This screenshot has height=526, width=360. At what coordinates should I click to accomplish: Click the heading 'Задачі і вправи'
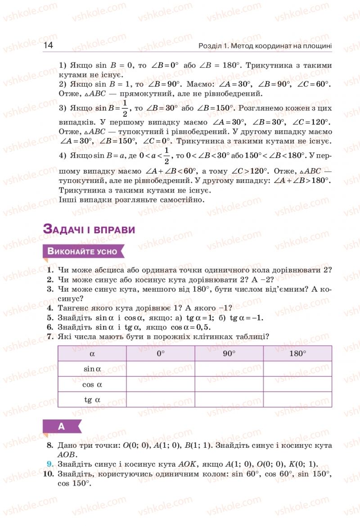pos(89,229)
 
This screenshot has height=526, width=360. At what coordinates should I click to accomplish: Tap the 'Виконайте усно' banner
pos(83,251)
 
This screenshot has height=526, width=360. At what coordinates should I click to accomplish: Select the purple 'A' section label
pos(62,427)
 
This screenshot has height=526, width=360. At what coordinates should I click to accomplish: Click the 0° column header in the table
pos(161,353)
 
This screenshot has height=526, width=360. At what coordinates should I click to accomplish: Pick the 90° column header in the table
pos(229,353)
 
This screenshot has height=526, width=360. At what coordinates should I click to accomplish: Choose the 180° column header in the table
pos(297,353)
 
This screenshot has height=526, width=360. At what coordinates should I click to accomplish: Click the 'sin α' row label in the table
pos(92,369)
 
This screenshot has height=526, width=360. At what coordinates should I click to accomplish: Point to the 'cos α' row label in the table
pos(92,384)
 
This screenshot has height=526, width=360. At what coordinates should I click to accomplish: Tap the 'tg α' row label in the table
pos(92,400)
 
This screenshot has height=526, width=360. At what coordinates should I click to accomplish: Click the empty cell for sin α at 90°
pos(229,369)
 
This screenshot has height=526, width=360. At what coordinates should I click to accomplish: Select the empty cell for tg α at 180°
pos(297,400)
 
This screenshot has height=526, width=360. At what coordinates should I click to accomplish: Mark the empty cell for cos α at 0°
pos(161,384)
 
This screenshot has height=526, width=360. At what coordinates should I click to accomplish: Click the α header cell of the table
pos(92,353)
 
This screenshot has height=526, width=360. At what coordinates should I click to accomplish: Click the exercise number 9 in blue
pos(50,464)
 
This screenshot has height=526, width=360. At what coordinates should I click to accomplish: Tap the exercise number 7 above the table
pos(50,336)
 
